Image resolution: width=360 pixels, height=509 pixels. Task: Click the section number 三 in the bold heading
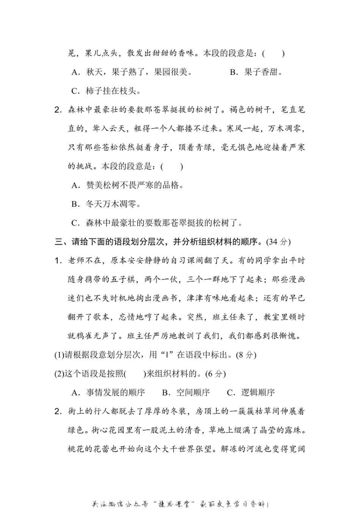click(x=58, y=242)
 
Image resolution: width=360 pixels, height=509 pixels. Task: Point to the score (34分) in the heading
click(x=279, y=242)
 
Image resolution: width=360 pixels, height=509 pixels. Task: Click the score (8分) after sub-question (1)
click(x=246, y=355)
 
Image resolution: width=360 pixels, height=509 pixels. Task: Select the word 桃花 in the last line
click(x=76, y=449)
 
